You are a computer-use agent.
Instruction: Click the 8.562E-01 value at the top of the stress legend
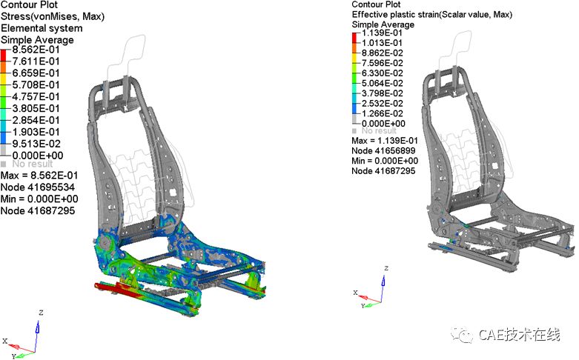36,50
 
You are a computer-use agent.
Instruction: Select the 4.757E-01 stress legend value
36,96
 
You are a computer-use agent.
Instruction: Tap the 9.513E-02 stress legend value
36,144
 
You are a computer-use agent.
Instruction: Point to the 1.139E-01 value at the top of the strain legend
382,33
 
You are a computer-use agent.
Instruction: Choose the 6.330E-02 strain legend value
383,73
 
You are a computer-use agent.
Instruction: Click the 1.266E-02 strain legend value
383,113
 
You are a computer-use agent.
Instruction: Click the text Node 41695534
38,187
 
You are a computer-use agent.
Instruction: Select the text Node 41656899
383,150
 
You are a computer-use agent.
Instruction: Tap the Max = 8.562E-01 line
39,176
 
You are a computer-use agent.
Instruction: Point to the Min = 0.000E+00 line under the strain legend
385,161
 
